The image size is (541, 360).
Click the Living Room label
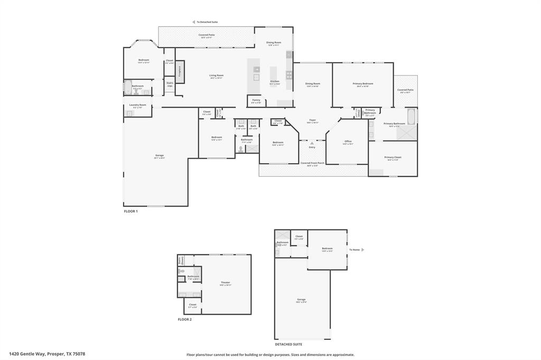tap(216, 75)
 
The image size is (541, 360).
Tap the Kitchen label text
tap(275, 81)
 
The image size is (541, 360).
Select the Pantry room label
tap(256, 100)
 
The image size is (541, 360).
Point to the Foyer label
tap(312, 120)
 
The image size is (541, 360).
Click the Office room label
tap(348, 141)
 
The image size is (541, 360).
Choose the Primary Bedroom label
tap(363, 83)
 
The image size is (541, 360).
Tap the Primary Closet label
tap(393, 157)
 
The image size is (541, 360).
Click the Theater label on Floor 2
tap(225, 282)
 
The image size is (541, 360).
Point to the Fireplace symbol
tap(180, 71)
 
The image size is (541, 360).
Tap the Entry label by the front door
tap(312, 147)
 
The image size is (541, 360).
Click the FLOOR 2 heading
tap(184, 319)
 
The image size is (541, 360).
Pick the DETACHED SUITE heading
tap(288, 344)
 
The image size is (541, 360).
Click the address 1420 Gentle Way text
tap(47, 354)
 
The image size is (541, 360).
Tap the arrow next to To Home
tap(363, 250)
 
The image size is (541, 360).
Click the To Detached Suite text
tap(207, 22)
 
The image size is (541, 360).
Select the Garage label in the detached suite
tap(301, 300)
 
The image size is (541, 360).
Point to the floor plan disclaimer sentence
tap(270, 355)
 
